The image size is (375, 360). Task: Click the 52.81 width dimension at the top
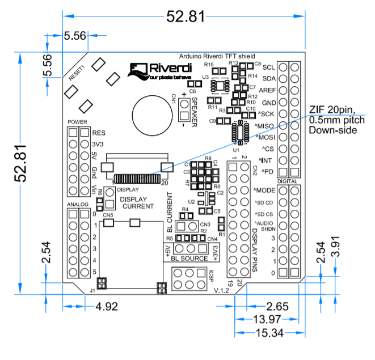(x=185, y=16)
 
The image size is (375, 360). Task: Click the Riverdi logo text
(x=169, y=69)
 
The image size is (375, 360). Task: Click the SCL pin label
(x=269, y=67)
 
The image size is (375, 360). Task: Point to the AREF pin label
(x=267, y=91)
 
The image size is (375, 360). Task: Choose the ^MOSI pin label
(x=265, y=138)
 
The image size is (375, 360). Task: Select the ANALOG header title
(x=78, y=204)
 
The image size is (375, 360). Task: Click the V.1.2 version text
(x=221, y=290)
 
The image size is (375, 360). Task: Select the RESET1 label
(x=77, y=73)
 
